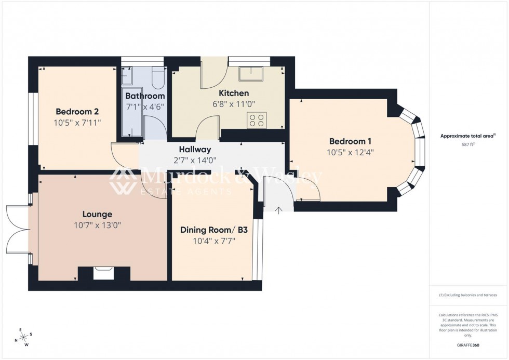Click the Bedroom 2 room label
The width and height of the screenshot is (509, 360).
coord(77,111)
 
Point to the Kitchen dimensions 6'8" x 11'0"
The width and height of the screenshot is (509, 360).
coord(233,104)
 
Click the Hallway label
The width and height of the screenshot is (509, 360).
coord(195,150)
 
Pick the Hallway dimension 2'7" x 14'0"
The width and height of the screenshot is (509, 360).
coord(195,161)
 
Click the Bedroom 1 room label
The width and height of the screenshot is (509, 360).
coord(351,141)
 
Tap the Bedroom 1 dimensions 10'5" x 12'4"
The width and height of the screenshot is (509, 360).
coord(351,152)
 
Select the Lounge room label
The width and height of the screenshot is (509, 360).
coord(97,214)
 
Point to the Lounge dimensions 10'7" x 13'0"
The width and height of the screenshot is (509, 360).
coord(97,225)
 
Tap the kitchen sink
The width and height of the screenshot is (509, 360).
coord(251,74)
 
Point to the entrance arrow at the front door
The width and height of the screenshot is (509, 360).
coord(278,210)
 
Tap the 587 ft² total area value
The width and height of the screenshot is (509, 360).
coord(468,144)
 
